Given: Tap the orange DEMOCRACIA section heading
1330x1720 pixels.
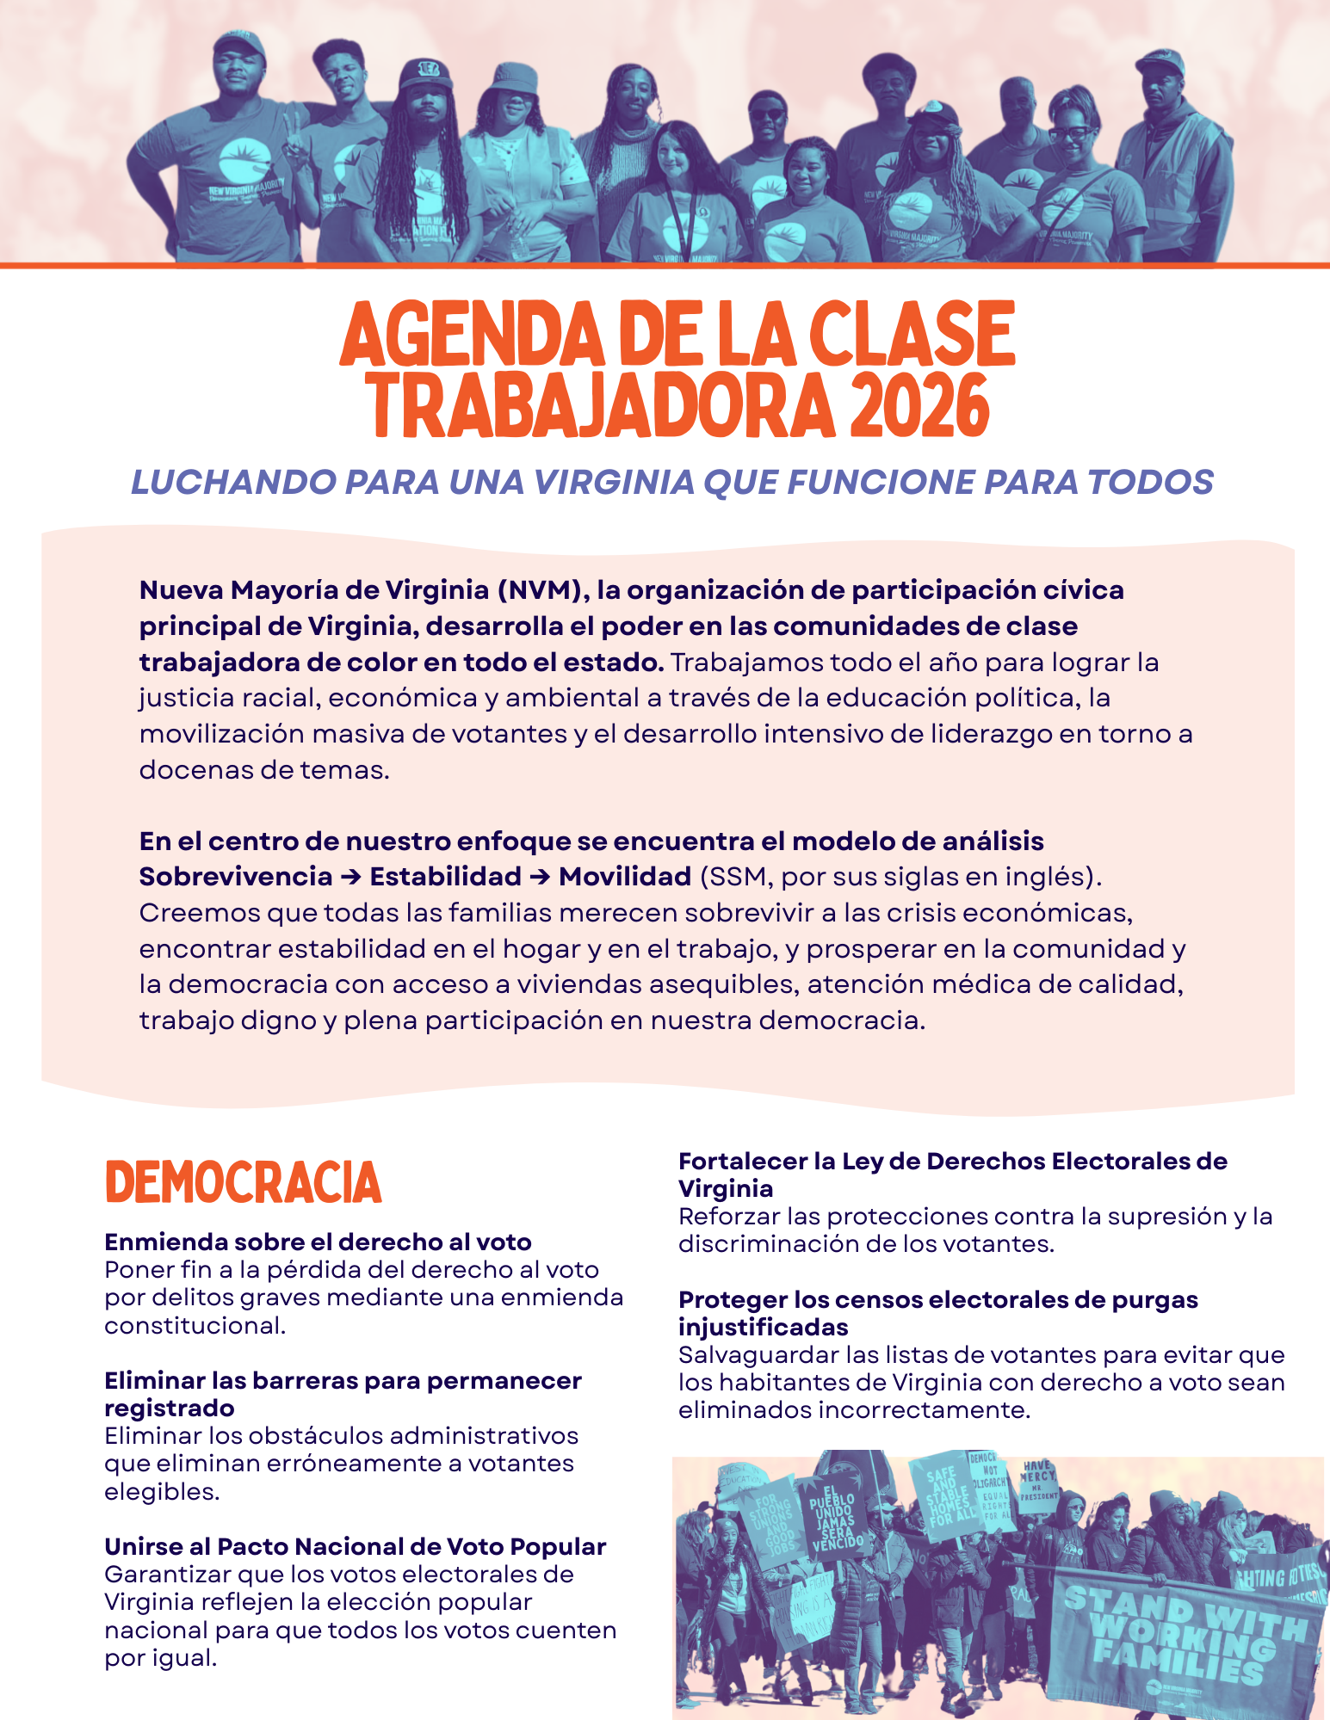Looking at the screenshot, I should (x=243, y=1182).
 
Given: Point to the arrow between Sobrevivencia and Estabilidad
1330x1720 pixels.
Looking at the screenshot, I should (x=351, y=877).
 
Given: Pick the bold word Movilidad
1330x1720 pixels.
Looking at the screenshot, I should (x=625, y=877).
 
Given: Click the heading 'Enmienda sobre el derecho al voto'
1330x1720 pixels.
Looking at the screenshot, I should (x=318, y=1242).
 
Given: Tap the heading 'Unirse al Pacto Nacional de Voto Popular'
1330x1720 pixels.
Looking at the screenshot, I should (x=355, y=1546).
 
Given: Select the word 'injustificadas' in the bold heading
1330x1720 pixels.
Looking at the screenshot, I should (x=763, y=1327).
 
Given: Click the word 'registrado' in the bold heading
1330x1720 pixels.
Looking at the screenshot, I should (x=170, y=1408).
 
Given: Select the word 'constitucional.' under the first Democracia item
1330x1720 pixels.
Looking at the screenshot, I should (x=195, y=1325).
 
